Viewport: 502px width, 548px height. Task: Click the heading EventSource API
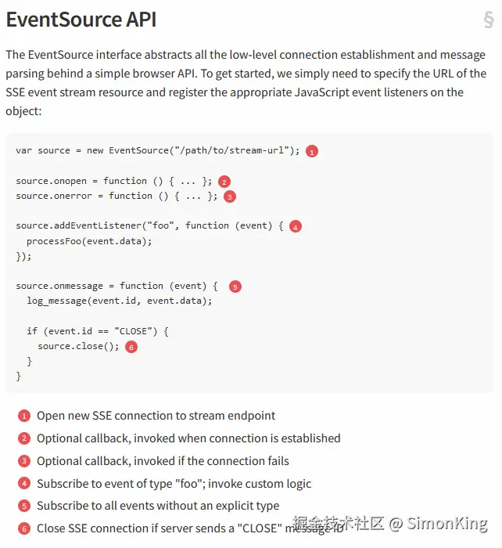[81, 20]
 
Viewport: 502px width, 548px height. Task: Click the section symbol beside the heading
[489, 20]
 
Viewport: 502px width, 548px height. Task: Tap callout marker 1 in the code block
[312, 151]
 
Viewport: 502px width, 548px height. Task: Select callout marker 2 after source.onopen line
[224, 182]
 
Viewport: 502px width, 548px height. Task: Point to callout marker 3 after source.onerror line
[230, 196]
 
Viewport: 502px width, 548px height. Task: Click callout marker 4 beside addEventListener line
[295, 226]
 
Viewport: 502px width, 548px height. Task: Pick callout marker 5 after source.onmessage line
[235, 287]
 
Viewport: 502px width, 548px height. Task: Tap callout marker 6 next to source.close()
[131, 347]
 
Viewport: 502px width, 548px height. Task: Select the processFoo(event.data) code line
[89, 241]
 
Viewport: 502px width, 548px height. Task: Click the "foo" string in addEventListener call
[163, 225]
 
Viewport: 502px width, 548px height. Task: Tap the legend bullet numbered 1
[24, 416]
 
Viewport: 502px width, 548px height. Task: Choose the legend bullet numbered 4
[24, 484]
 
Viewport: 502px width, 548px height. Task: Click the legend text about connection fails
[163, 461]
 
